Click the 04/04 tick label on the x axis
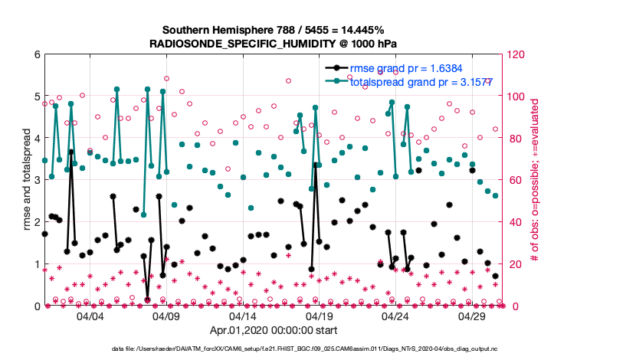(90, 316)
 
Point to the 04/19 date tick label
(320, 316)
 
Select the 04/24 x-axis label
(396, 316)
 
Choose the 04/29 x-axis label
(472, 316)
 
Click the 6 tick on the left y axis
(38, 55)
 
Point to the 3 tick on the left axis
(38, 181)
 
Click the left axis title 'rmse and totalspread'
(25, 181)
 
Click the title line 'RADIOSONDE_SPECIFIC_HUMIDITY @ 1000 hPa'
(274, 44)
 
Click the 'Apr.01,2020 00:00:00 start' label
(274, 331)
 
